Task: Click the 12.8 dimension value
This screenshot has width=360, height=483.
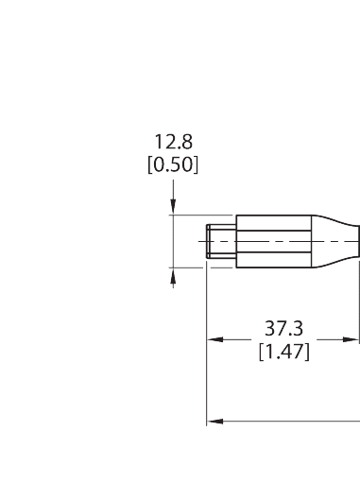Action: tap(173, 143)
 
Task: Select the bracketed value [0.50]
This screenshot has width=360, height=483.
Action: tap(173, 164)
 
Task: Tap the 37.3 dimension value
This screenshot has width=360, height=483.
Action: tap(283, 329)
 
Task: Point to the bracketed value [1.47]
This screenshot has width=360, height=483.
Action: tap(283, 351)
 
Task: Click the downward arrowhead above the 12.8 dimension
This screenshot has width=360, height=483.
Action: tap(173, 210)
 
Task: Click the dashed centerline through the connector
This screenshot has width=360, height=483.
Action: tap(283, 241)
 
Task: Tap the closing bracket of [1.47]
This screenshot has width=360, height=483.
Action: tap(307, 351)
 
